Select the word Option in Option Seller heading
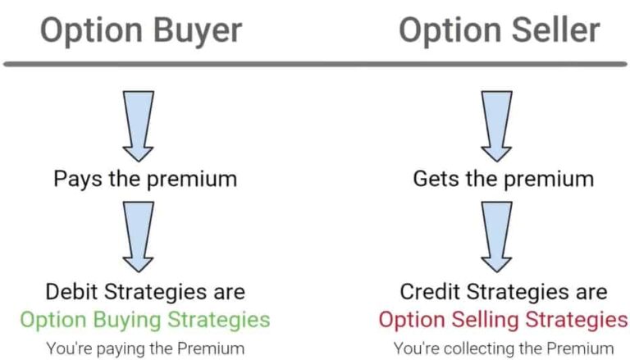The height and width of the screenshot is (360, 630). point(448,31)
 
